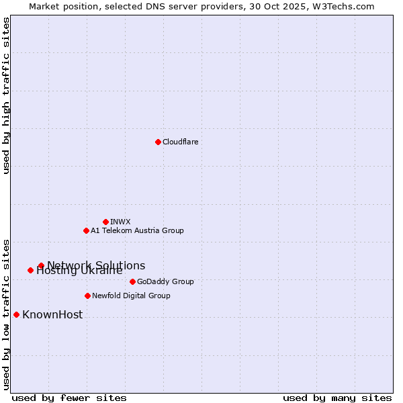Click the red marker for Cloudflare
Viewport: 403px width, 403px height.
[158, 142]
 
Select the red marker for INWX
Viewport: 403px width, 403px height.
[105, 222]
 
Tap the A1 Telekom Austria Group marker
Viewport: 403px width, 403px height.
[86, 230]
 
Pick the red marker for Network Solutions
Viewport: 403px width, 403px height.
[41, 265]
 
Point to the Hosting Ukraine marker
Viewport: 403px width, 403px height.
[30, 270]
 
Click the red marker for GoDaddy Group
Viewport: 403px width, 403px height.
[132, 281]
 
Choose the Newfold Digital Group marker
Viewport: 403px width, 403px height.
[87, 296]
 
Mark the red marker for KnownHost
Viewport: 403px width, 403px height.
[16, 314]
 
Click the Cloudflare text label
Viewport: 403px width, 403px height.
[180, 142]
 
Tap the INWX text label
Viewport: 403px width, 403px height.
[120, 222]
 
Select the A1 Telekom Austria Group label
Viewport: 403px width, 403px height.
[137, 230]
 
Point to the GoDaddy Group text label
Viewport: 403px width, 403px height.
[165, 281]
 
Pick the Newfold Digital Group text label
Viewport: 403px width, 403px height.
[131, 296]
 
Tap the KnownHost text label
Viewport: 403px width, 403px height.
[52, 314]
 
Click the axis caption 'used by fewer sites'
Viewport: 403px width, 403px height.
[69, 398]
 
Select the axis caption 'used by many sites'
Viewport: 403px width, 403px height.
[337, 398]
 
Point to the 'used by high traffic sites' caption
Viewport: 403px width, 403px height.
[7, 95]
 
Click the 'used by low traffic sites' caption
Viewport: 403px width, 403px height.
[7, 314]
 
